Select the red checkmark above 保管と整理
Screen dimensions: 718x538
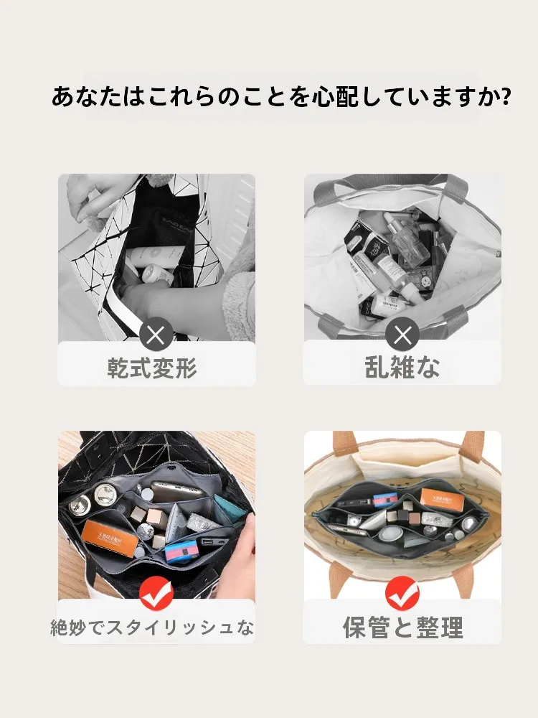[x=402, y=594]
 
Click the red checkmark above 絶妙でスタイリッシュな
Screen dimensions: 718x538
[x=156, y=594]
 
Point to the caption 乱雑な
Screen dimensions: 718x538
[x=402, y=368]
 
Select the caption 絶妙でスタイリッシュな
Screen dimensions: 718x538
[x=152, y=628]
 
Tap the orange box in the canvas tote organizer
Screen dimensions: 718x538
[x=439, y=497]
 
